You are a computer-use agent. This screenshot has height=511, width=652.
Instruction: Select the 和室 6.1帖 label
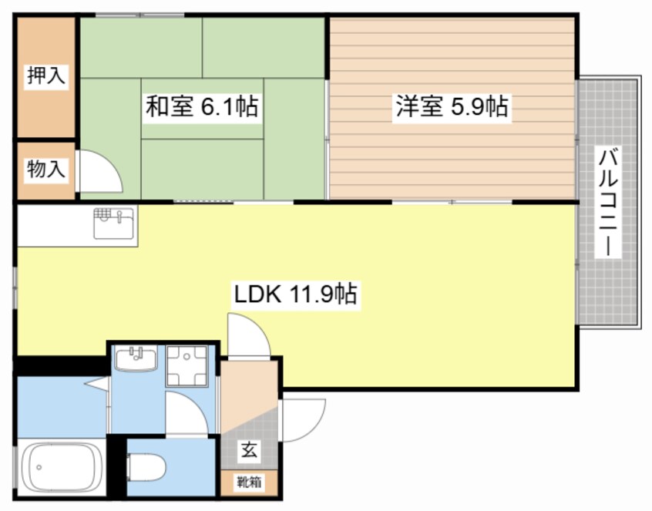pyautogui.click(x=201, y=107)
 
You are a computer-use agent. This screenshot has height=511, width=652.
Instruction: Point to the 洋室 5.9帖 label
pyautogui.click(x=452, y=107)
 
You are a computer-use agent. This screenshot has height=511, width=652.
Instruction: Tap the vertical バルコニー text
pyautogui.click(x=609, y=203)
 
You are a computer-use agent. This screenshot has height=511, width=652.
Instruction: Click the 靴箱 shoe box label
pyautogui.click(x=248, y=482)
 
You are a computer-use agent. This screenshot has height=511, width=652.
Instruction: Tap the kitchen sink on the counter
pyautogui.click(x=114, y=225)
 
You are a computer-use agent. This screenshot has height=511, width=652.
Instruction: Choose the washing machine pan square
pyautogui.click(x=187, y=364)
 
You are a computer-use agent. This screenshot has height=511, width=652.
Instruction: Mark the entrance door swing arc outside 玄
pyautogui.click(x=303, y=419)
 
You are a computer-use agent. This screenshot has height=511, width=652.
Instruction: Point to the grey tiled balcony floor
pyautogui.click(x=609, y=293)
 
